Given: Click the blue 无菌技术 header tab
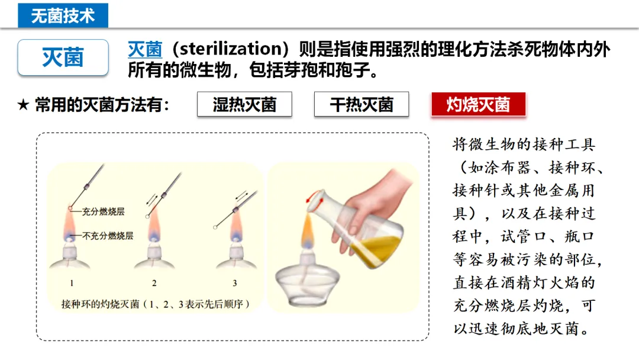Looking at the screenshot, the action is pos(63,15).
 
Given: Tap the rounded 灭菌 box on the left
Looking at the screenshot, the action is pos(63,57).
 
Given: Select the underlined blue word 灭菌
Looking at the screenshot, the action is pos(145,49).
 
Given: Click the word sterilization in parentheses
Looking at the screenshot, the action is pos(230,49).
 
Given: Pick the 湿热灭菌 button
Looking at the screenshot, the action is pos(244,104).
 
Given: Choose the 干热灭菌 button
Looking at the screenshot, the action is pos(362,104).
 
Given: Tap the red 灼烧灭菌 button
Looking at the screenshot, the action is pos(479,104).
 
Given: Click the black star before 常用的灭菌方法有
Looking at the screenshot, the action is pos(23,105).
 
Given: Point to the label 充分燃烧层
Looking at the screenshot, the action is pos(103,211).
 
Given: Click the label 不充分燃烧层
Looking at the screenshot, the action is pos(108,236).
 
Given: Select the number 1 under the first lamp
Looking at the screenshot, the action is pos(72,283).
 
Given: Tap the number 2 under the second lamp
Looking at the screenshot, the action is pos(154,283).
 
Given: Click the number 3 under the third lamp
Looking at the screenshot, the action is pos(235,283).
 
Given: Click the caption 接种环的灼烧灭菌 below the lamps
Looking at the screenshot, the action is pos(100,304).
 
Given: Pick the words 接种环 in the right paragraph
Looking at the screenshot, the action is pos(572,167).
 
